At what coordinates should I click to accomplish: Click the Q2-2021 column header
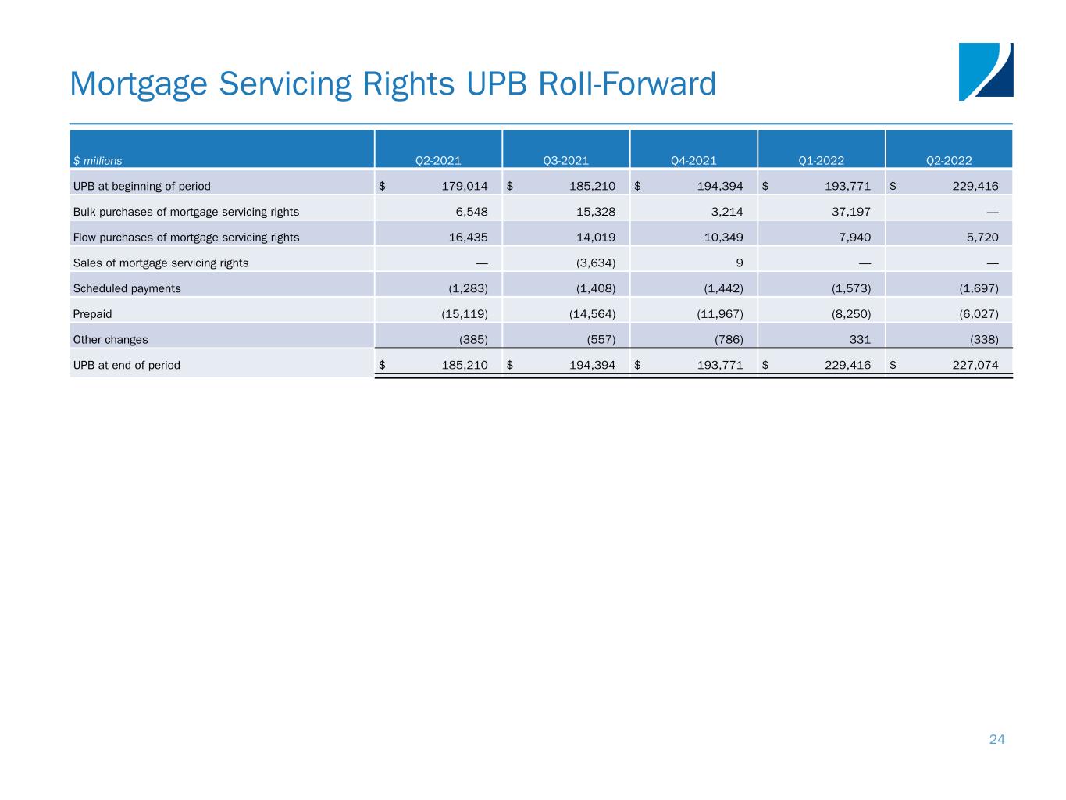pyautogui.click(x=438, y=161)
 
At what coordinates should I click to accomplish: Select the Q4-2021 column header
pyautogui.click(x=693, y=161)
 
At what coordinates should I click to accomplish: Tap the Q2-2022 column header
pyautogui.click(x=949, y=161)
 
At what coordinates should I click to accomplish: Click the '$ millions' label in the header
pyautogui.click(x=98, y=161)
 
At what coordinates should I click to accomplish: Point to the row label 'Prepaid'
pyautogui.click(x=92, y=314)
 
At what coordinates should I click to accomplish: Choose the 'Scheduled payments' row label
pyautogui.click(x=127, y=288)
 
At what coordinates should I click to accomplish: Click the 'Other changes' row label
pyautogui.click(x=110, y=340)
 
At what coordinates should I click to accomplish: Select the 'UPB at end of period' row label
pyautogui.click(x=127, y=365)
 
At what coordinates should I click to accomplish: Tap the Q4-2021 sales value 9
pyautogui.click(x=739, y=262)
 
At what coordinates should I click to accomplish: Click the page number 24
pyautogui.click(x=997, y=740)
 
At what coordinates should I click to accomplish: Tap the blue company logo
pyautogui.click(x=986, y=71)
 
